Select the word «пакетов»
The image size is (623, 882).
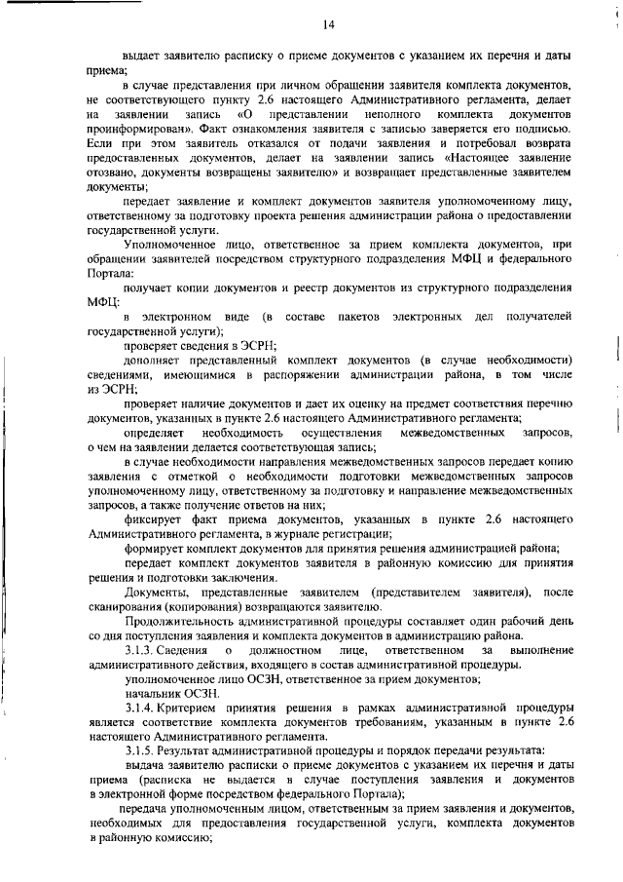[365, 318]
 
